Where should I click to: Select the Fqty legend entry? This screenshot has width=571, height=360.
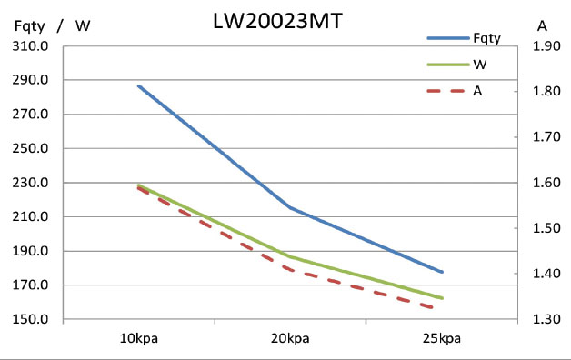click(487, 37)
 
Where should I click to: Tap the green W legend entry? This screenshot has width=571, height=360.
click(478, 65)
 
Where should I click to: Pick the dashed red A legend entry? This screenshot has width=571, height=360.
click(477, 91)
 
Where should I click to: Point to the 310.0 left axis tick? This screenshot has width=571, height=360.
click(31, 45)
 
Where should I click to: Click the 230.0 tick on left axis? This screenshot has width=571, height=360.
click(31, 183)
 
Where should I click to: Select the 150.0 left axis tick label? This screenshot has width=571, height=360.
click(31, 320)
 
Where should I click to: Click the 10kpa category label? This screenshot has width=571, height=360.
click(139, 339)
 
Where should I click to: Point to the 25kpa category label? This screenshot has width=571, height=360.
click(442, 339)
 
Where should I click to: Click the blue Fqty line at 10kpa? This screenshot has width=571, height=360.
click(139, 85)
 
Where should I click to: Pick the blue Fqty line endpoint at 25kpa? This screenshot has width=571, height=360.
click(442, 272)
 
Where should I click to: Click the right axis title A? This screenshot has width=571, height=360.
click(542, 25)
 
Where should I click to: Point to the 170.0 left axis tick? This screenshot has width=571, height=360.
click(31, 285)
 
